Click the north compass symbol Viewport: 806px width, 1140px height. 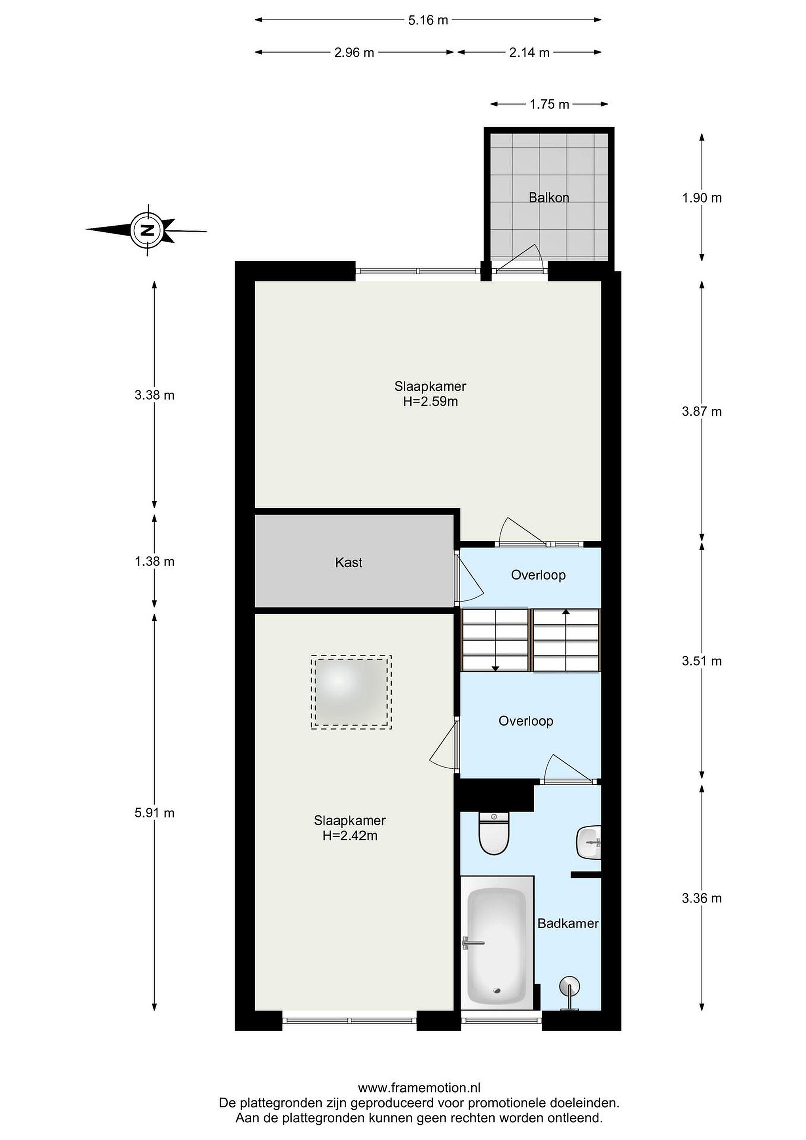click(x=147, y=230)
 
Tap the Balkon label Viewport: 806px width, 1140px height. click(x=548, y=198)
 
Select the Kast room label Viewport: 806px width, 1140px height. click(x=349, y=562)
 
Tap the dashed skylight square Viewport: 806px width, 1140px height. click(x=351, y=692)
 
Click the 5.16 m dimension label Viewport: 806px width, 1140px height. click(x=428, y=20)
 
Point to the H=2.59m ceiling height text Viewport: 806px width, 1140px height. click(x=430, y=401)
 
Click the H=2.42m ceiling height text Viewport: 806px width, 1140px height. click(x=350, y=836)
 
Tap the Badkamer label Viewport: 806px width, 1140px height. click(x=568, y=923)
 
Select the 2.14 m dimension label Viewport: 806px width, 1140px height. click(x=529, y=52)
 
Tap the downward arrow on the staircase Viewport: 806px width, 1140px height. click(x=495, y=641)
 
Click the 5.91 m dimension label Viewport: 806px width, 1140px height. click(x=154, y=813)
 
